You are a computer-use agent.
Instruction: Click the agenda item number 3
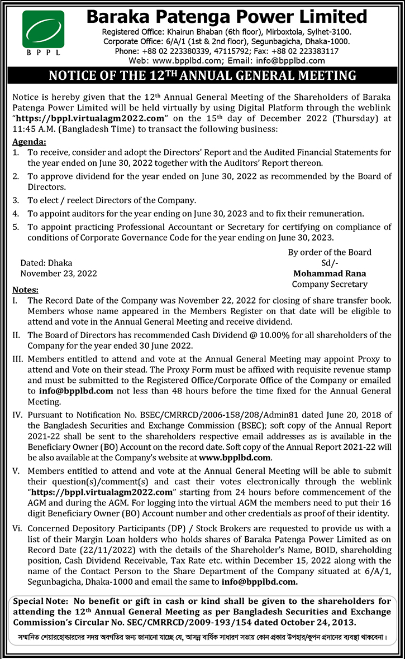pyautogui.click(x=16, y=200)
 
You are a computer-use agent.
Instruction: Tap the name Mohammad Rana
pyautogui.click(x=329, y=273)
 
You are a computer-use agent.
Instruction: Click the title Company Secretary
pyautogui.click(x=329, y=284)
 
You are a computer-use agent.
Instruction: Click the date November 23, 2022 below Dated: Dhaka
pyautogui.click(x=59, y=273)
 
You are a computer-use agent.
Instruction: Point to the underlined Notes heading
pyautogui.click(x=25, y=290)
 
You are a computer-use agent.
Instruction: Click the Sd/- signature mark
pyautogui.click(x=329, y=263)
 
